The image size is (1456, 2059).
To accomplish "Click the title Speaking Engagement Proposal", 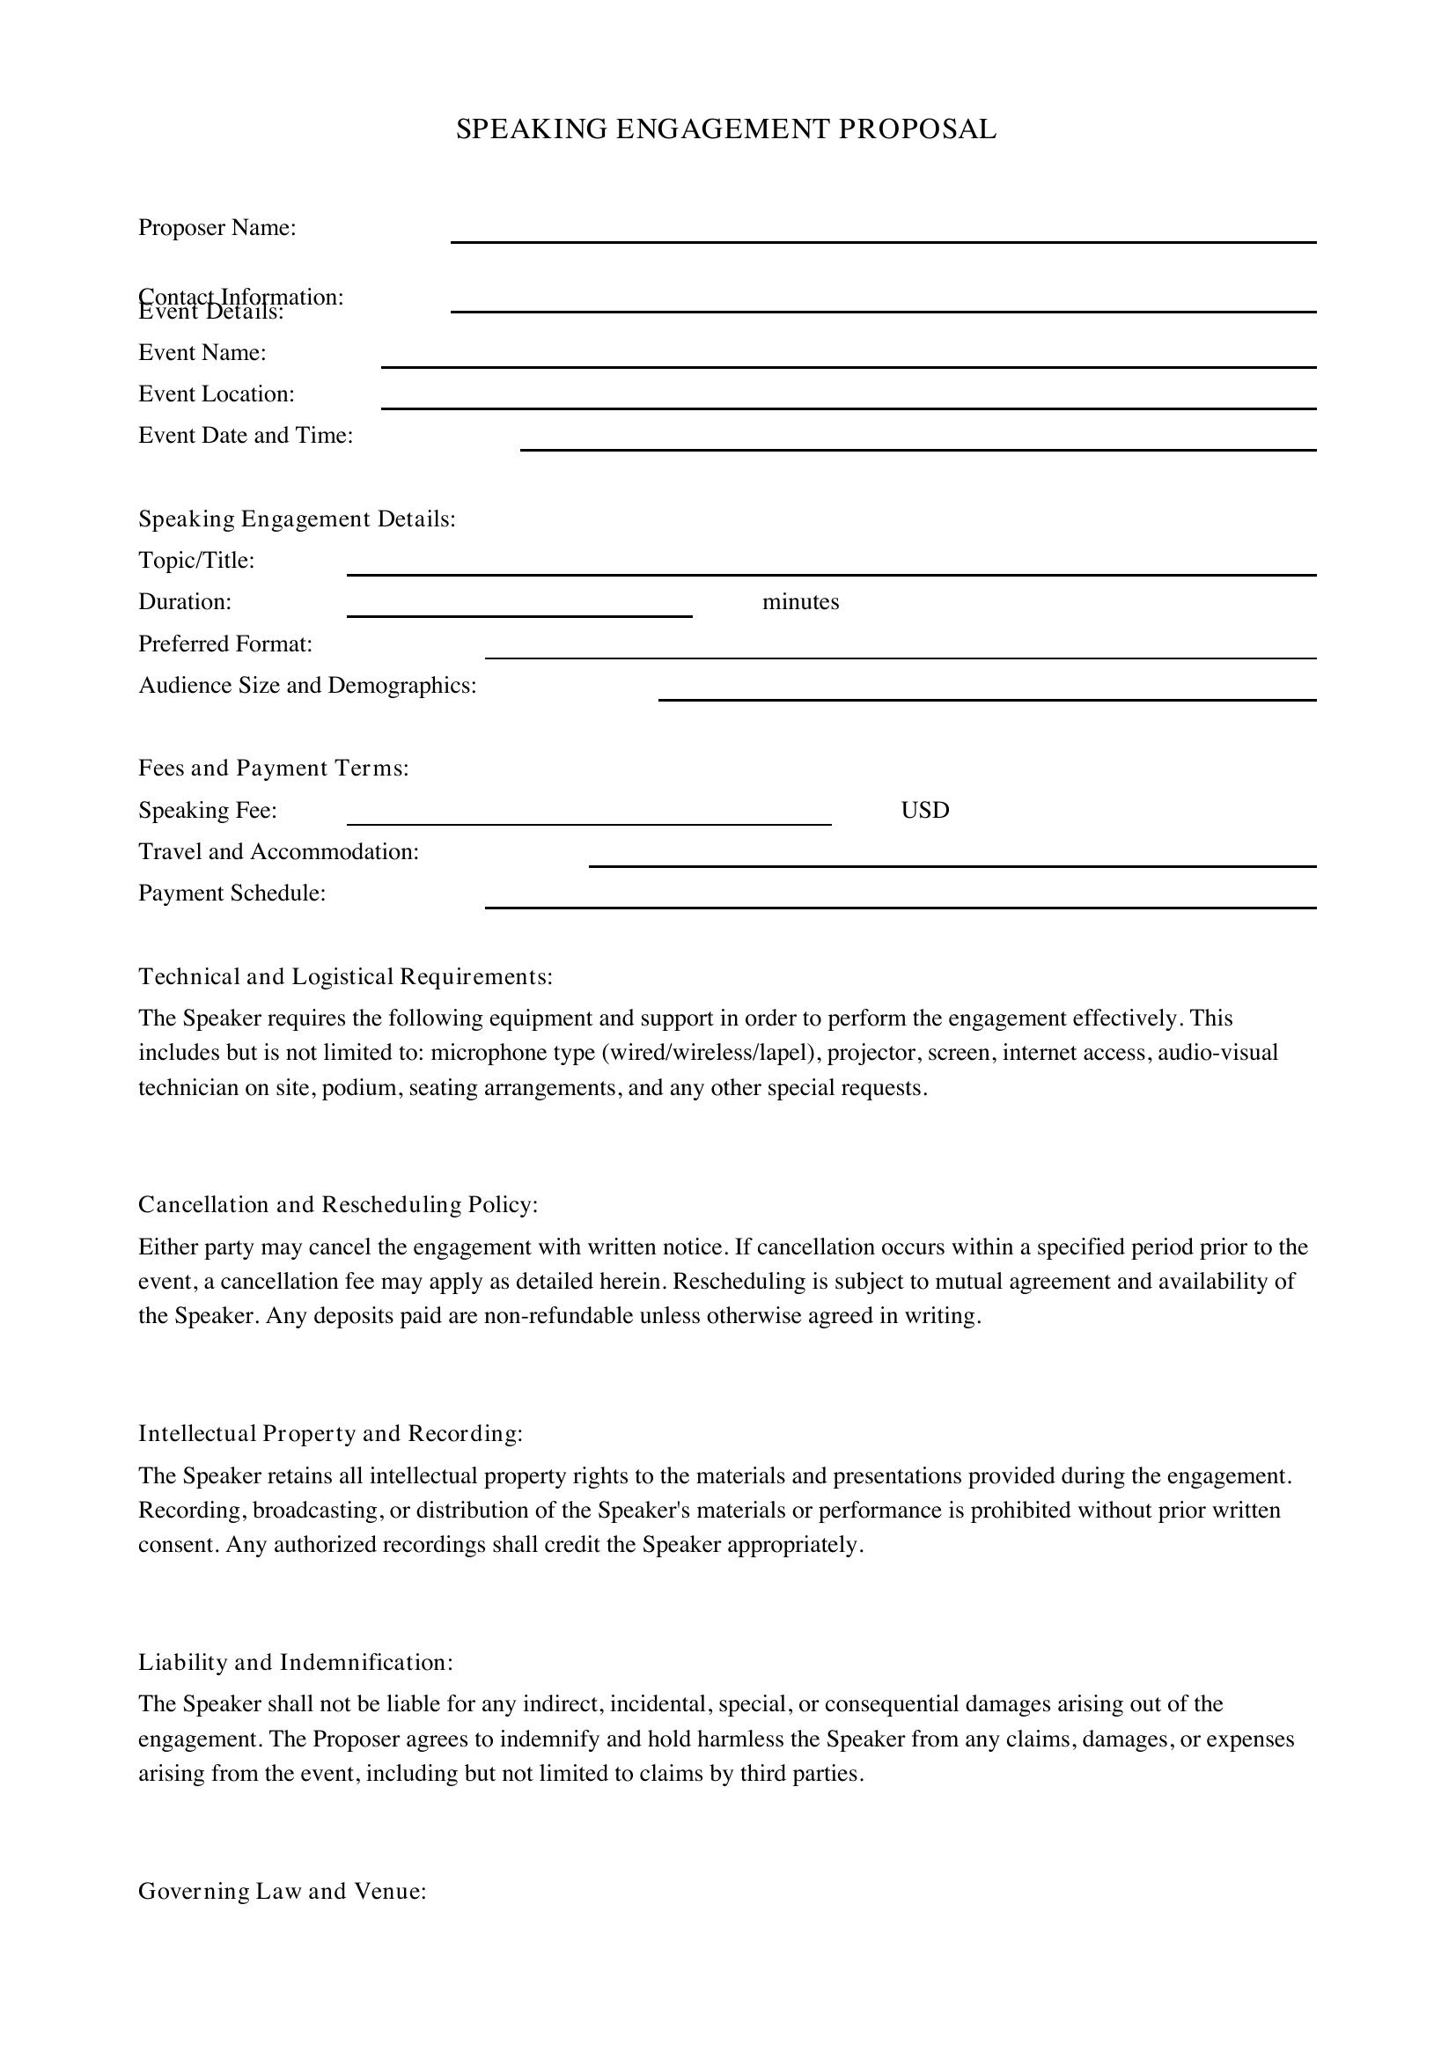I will tap(726, 129).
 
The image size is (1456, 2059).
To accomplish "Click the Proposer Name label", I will tap(217, 228).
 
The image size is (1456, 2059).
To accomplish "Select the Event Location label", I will tap(216, 393).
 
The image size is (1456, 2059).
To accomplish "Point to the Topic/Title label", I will tap(196, 561).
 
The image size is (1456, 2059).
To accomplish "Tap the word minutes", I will tap(799, 602).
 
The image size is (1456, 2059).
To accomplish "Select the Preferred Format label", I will tap(225, 643).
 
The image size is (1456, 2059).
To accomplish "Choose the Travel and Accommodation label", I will tap(279, 851).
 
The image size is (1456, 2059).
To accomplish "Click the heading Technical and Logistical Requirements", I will tap(345, 976).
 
